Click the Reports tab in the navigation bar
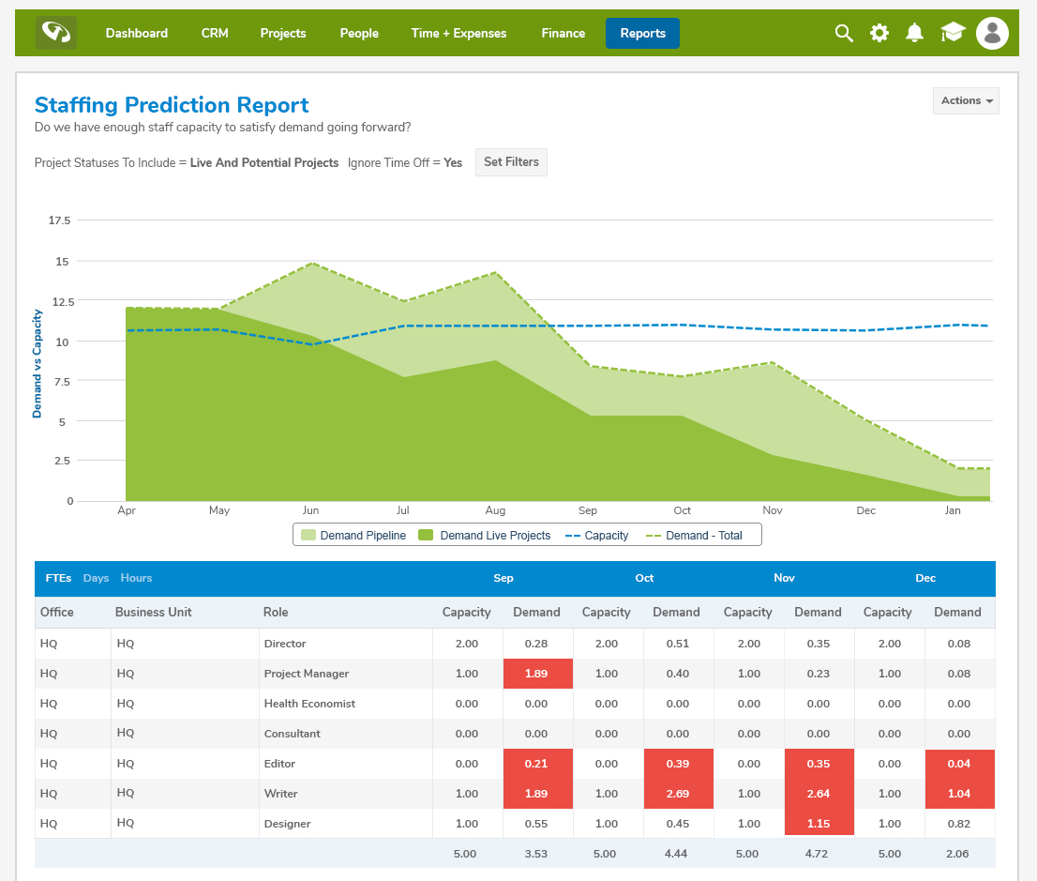pos(642,33)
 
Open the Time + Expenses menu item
pos(458,33)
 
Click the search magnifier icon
pos(844,33)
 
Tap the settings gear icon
pos(879,33)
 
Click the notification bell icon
pos(914,33)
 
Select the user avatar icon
pos(992,33)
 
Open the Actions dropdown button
pos(966,100)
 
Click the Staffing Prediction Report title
pos(172,105)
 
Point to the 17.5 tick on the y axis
pos(60,220)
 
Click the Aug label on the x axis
pos(495,510)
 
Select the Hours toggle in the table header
pos(136,578)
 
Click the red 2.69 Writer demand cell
pos(678,794)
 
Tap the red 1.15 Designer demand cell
pos(818,824)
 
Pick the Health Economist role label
pos(309,704)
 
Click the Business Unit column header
pos(153,612)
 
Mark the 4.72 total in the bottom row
pos(818,854)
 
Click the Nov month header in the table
pos(784,578)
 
